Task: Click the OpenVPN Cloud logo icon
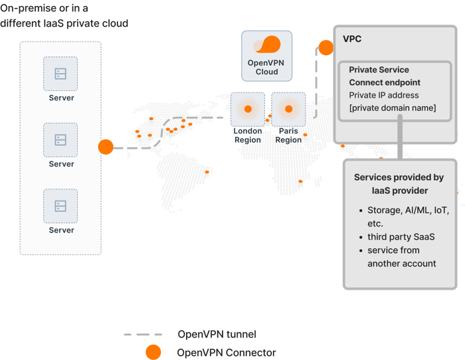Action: coord(267,45)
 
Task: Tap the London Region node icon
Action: coord(248,109)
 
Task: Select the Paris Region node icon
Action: coord(288,109)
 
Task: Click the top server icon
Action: coord(60,74)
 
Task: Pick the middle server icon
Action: coord(60,140)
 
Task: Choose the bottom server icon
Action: coord(60,206)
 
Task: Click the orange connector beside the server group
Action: coord(106,147)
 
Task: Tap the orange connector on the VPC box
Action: coord(326,48)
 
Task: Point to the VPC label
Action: coord(352,39)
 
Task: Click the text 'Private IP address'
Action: coord(384,95)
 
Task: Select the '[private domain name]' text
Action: coord(393,108)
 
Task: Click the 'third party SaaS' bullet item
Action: coord(401,236)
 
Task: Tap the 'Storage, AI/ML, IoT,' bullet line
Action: coord(409,210)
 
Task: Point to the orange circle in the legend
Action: coord(153,352)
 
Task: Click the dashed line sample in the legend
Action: coord(143,335)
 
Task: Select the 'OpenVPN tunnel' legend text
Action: coord(217,334)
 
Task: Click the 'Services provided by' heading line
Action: coord(399,177)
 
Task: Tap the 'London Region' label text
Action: coord(248,135)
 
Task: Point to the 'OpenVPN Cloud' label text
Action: coord(266,67)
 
